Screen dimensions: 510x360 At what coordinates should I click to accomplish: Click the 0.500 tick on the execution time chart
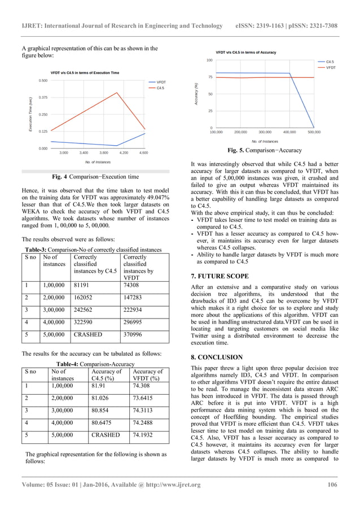43,81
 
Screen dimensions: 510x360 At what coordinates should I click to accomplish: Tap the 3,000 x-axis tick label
64,152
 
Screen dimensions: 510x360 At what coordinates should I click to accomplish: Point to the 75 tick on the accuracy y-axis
209,77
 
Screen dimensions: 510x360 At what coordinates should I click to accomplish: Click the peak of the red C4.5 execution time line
117,93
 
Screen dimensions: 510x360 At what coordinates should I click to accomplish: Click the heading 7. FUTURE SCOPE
220,276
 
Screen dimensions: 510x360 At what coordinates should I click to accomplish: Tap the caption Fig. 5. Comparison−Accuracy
265,150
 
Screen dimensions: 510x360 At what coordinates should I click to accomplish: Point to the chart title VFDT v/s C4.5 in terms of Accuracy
246,52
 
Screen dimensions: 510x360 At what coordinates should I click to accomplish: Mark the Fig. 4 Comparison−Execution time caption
95,177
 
